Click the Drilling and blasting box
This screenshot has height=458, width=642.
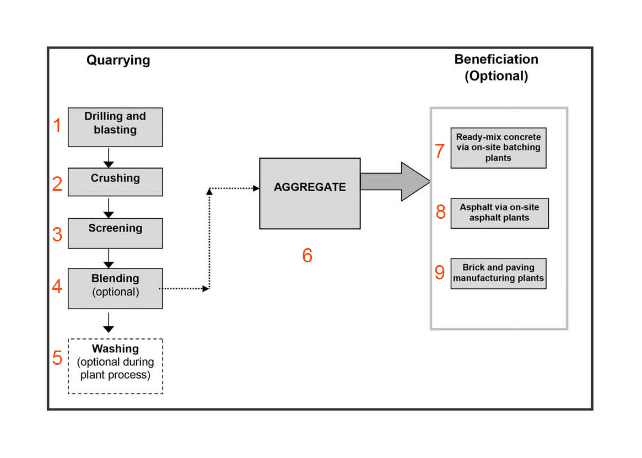click(115, 127)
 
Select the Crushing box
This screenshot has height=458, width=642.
click(115, 182)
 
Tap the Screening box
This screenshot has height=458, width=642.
click(115, 233)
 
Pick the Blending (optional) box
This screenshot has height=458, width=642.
click(115, 288)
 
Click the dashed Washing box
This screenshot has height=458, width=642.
click(115, 367)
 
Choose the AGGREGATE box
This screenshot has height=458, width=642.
click(310, 193)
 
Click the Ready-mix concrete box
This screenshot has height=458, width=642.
click(498, 148)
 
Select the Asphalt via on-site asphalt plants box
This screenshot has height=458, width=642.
click(499, 213)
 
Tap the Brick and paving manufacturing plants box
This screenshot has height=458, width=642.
click(498, 274)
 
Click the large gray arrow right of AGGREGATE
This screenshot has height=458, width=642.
click(395, 181)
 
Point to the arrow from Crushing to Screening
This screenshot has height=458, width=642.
click(109, 208)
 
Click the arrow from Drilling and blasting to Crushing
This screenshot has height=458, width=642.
click(109, 158)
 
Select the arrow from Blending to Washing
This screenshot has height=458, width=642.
click(109, 322)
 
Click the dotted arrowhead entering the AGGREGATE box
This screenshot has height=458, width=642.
click(256, 188)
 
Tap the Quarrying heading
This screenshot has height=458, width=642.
click(118, 60)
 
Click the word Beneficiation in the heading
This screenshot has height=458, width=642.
click(496, 60)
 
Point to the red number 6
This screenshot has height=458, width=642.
click(307, 255)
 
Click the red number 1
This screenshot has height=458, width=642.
click(57, 125)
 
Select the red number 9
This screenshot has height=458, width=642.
click(440, 272)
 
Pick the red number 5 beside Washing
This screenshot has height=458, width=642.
click(57, 358)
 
